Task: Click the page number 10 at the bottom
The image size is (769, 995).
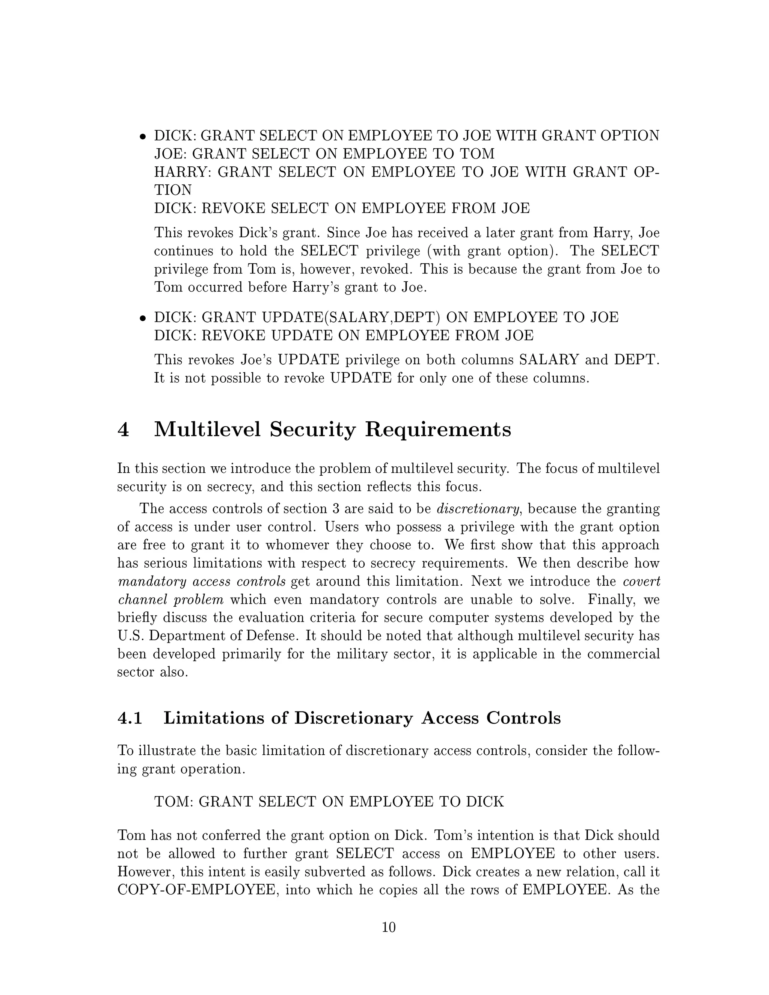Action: [389, 927]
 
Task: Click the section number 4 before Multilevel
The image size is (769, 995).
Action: [124, 430]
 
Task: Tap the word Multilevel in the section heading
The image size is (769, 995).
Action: [207, 430]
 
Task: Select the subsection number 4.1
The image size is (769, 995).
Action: [130, 718]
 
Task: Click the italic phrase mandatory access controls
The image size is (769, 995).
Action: [201, 582]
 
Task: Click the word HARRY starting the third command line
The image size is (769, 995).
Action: [181, 172]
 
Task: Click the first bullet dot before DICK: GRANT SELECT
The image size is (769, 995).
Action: [143, 137]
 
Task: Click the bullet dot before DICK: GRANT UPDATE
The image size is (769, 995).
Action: [143, 318]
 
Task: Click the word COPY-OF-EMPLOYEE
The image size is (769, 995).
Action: [197, 890]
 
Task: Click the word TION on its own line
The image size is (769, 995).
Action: [173, 190]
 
